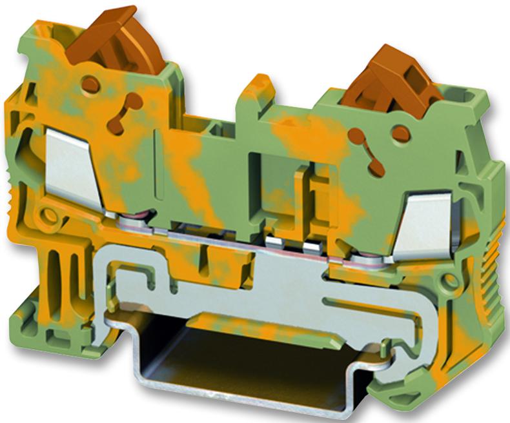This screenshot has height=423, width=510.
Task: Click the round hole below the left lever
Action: pos(90,84)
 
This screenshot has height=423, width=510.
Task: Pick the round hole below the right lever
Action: pos(400,134)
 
